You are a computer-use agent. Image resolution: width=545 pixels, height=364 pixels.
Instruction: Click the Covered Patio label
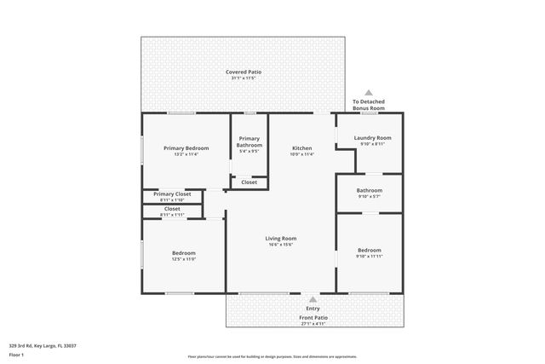click(x=243, y=72)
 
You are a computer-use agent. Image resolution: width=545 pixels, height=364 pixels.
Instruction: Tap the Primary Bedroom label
click(x=186, y=147)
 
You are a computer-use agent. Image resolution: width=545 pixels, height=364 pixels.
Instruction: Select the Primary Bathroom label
click(x=249, y=142)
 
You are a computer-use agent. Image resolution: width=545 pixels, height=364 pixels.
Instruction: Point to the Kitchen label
click(x=302, y=147)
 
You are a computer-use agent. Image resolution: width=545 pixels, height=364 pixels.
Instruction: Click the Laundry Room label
click(x=372, y=137)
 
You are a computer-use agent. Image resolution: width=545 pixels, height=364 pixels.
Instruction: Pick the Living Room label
click(x=281, y=238)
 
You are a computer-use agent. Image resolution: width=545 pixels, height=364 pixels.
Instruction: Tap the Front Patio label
click(x=313, y=317)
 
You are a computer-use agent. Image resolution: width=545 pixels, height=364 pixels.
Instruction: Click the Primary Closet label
click(x=172, y=194)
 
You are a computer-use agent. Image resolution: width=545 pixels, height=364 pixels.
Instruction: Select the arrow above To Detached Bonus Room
click(x=369, y=91)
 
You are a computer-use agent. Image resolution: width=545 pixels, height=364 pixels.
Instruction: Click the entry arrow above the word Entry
click(x=313, y=299)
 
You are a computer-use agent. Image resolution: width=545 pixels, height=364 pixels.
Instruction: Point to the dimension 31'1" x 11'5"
click(x=243, y=79)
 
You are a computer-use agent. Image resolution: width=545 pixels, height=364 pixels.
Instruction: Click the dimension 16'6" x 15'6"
click(x=281, y=245)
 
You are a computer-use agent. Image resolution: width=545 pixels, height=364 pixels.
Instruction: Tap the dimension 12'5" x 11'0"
click(x=184, y=259)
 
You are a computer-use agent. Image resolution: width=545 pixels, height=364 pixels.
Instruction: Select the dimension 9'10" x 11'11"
click(x=370, y=257)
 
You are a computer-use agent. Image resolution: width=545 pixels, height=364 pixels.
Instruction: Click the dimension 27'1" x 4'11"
click(x=313, y=324)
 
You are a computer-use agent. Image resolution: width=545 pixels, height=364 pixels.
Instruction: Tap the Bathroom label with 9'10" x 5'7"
click(x=370, y=190)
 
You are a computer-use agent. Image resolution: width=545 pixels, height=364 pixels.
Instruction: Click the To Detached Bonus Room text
click(x=369, y=105)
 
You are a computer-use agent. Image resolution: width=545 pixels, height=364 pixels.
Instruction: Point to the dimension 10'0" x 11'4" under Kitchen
click(x=302, y=154)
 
